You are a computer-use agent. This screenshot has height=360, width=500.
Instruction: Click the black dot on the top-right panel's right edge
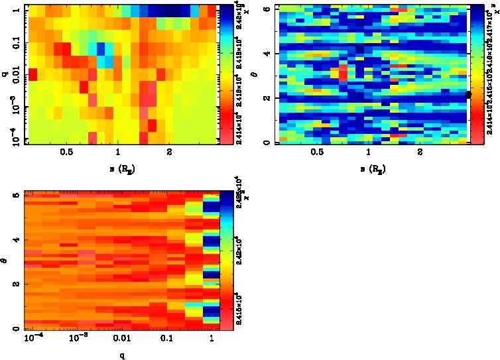(468, 95)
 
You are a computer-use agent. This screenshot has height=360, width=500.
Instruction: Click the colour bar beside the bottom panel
(225, 260)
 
